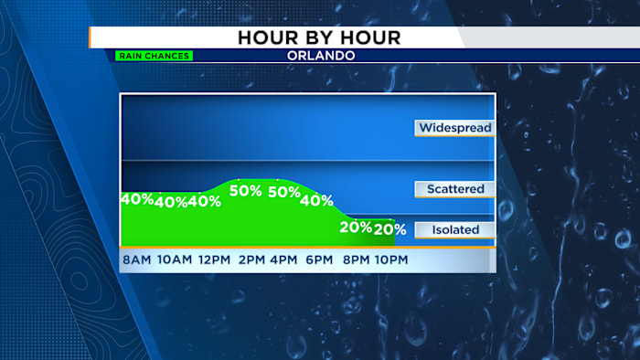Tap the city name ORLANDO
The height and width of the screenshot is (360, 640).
320,56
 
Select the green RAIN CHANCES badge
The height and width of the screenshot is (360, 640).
154,56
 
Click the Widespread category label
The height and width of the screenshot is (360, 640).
455,128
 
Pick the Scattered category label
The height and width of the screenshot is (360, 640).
455,189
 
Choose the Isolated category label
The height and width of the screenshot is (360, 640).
455,229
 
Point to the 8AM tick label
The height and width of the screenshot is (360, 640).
136,260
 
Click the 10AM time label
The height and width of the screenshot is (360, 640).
175,260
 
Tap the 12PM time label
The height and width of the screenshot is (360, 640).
214,260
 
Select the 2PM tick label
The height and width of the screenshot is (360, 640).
251,260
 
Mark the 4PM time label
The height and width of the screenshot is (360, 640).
283,260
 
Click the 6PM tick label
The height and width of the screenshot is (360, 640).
318,260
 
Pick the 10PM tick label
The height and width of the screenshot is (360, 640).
390,260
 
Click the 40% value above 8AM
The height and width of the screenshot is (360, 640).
136,198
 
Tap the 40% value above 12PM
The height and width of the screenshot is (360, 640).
205,201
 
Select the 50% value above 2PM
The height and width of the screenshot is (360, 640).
246,191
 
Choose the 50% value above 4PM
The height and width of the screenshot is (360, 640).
284,192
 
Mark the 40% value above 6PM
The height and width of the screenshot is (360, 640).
316,201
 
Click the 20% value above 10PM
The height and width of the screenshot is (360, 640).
389,229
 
